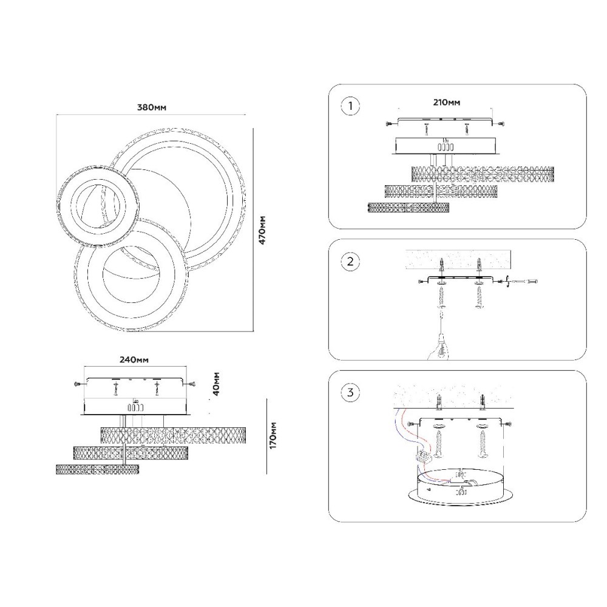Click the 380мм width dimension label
coord(152,107)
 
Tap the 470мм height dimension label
coord(262,230)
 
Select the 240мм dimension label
coord(134,359)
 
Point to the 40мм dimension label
coord(217,384)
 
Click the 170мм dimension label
coord(273,435)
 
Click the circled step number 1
coord(350,106)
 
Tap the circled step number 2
coord(350,261)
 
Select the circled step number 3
coord(350,393)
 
